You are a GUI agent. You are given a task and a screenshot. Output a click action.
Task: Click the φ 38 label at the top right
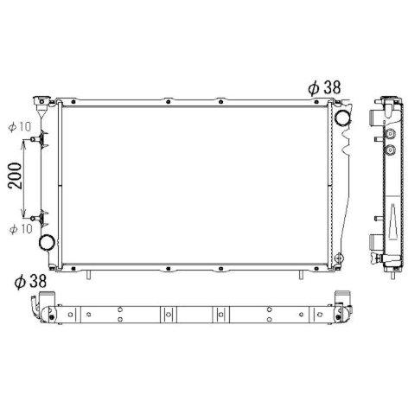pyautogui.click(x=324, y=87)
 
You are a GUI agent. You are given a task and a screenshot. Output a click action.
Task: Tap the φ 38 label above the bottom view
pyautogui.click(x=30, y=282)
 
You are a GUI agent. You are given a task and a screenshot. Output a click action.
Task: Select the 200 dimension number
pyautogui.click(x=15, y=175)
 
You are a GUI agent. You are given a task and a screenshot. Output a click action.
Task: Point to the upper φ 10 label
pyautogui.click(x=20, y=127)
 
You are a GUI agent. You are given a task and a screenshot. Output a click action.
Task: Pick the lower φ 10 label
pyautogui.click(x=21, y=229)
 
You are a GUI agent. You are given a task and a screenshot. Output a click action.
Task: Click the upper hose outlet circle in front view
pyautogui.click(x=342, y=118)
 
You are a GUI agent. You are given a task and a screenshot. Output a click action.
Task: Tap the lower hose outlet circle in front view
pyautogui.click(x=47, y=243)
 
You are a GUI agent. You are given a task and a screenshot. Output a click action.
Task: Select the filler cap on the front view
pyautogui.click(x=42, y=101)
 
